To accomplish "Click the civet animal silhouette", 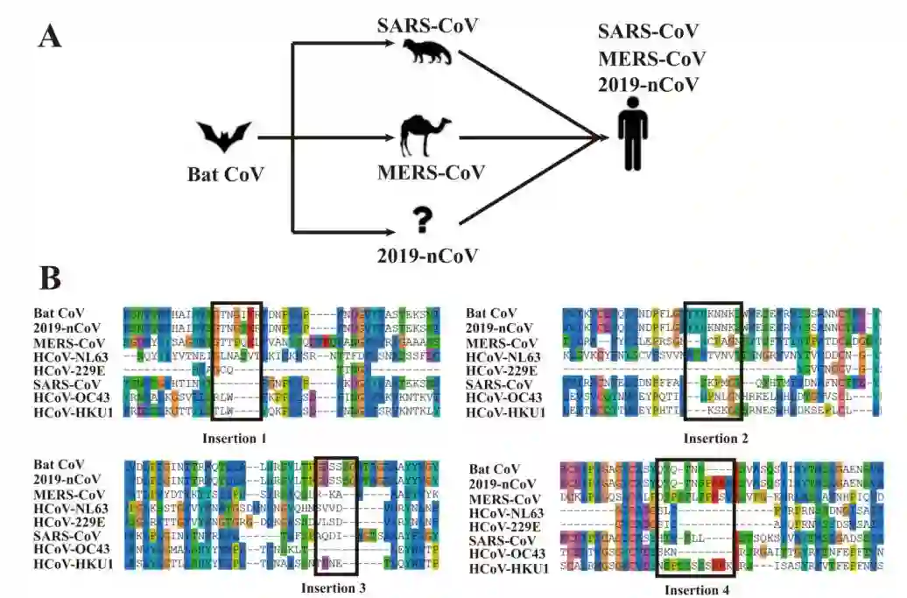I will click(x=424, y=53).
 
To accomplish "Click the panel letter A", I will click(x=50, y=37).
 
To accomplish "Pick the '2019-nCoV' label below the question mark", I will click(x=427, y=256).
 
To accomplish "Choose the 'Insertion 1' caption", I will click(x=232, y=437).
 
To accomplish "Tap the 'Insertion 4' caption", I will click(x=700, y=589).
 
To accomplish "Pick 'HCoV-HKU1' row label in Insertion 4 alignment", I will click(x=508, y=569).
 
